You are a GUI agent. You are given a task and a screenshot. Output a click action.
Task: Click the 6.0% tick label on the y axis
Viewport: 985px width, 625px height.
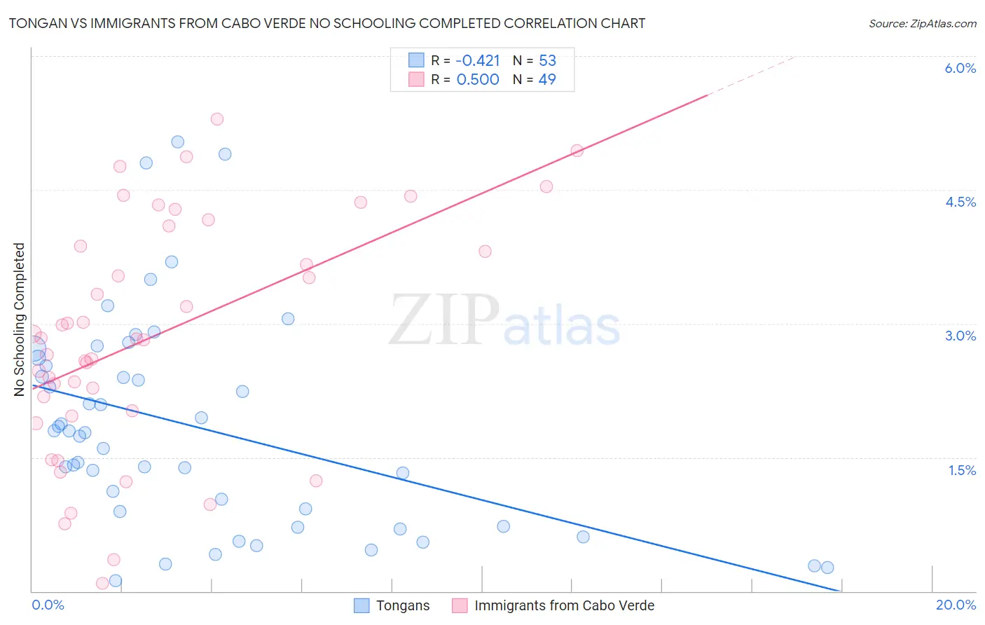[x=960, y=68]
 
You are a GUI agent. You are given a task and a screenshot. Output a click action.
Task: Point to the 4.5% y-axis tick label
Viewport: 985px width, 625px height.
[x=960, y=202]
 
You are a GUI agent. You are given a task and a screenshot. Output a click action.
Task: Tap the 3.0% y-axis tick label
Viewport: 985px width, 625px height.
[x=960, y=336]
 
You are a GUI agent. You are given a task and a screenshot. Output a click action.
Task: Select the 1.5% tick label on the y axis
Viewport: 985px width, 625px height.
[x=962, y=470]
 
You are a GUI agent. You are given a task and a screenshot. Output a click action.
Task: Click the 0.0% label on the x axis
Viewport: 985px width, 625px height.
[x=48, y=605]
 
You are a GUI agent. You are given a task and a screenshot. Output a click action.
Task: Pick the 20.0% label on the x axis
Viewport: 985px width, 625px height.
[x=956, y=605]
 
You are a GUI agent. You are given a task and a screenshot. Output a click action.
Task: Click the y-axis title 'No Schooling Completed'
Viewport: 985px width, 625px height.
[x=20, y=320]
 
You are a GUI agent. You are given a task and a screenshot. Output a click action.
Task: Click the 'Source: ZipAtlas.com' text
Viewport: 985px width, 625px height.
[x=922, y=23]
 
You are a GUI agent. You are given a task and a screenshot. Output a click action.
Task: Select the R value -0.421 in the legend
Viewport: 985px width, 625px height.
[x=478, y=60]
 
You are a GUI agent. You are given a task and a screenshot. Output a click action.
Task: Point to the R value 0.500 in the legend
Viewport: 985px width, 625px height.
[x=478, y=79]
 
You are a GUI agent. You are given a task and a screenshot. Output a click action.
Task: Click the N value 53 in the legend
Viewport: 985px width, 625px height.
[x=547, y=60]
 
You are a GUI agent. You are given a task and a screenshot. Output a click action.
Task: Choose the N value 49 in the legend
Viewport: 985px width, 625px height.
[x=547, y=79]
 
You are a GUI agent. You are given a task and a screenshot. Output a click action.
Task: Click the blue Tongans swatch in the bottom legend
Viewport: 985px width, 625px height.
[x=361, y=605]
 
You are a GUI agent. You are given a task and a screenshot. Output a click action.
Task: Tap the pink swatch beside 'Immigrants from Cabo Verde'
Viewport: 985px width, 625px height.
[x=460, y=605]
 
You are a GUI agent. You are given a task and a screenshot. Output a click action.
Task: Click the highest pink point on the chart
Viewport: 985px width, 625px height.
[x=217, y=119]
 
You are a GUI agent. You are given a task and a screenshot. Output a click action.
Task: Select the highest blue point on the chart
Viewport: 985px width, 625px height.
[x=178, y=142]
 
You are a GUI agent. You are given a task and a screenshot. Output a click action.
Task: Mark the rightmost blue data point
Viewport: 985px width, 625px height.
[x=827, y=568]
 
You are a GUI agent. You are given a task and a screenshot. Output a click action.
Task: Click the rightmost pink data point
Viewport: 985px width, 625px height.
[x=577, y=151]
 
